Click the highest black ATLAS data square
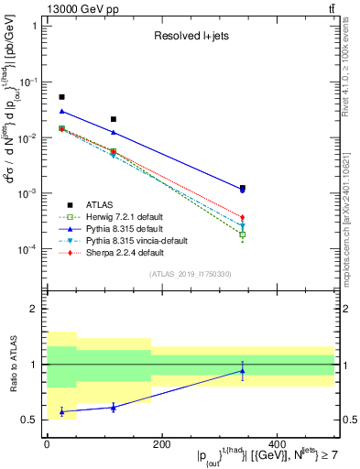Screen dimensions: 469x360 point(62,97)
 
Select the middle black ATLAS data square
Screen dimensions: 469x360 point(114,119)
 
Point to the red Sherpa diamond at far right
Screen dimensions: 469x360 point(243,217)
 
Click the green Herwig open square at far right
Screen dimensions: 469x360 point(243,234)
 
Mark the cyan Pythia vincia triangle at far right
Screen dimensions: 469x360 point(243,225)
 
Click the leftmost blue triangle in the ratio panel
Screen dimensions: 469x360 point(62,412)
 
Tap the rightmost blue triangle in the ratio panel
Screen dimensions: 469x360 point(243,371)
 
